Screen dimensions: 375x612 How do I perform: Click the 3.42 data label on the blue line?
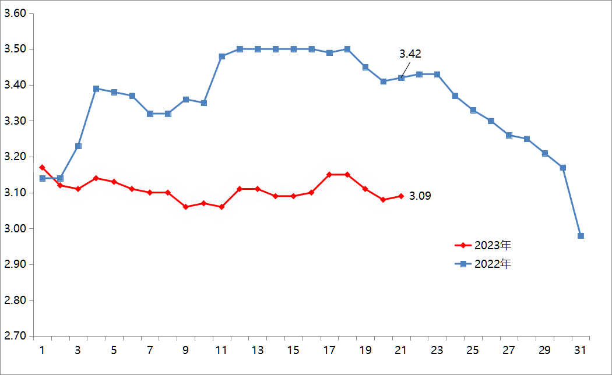tap(410, 54)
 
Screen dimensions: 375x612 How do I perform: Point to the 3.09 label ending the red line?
tap(420, 196)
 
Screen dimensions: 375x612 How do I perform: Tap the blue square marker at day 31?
tap(581, 236)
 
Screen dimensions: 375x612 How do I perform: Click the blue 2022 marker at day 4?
tap(96, 89)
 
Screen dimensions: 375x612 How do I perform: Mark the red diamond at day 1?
tap(42, 168)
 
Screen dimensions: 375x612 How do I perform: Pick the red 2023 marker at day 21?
tap(401, 196)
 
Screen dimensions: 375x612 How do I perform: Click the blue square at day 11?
tap(222, 56)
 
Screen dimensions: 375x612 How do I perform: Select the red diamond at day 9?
tap(186, 207)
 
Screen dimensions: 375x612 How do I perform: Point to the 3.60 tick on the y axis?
tap(15, 13)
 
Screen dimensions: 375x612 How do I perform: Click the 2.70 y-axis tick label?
tap(15, 336)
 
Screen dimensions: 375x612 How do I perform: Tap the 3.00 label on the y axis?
tap(15, 228)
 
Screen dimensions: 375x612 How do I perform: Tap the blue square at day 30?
tap(562, 168)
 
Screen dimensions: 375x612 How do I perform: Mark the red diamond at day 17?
tap(329, 175)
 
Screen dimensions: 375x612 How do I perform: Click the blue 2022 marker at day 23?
tap(437, 75)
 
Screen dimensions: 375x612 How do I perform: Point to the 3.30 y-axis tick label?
tap(15, 121)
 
